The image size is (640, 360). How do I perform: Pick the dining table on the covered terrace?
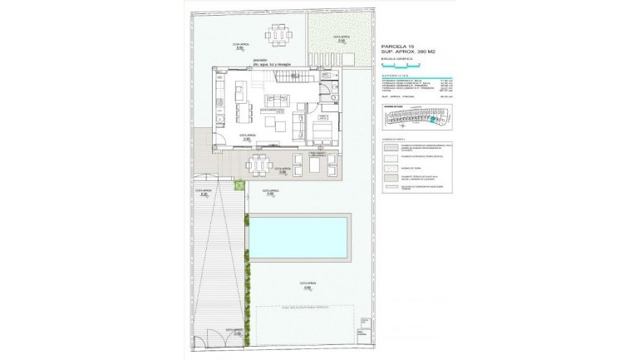[x=259, y=165]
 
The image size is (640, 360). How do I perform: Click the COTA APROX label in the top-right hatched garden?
[x=339, y=38]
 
